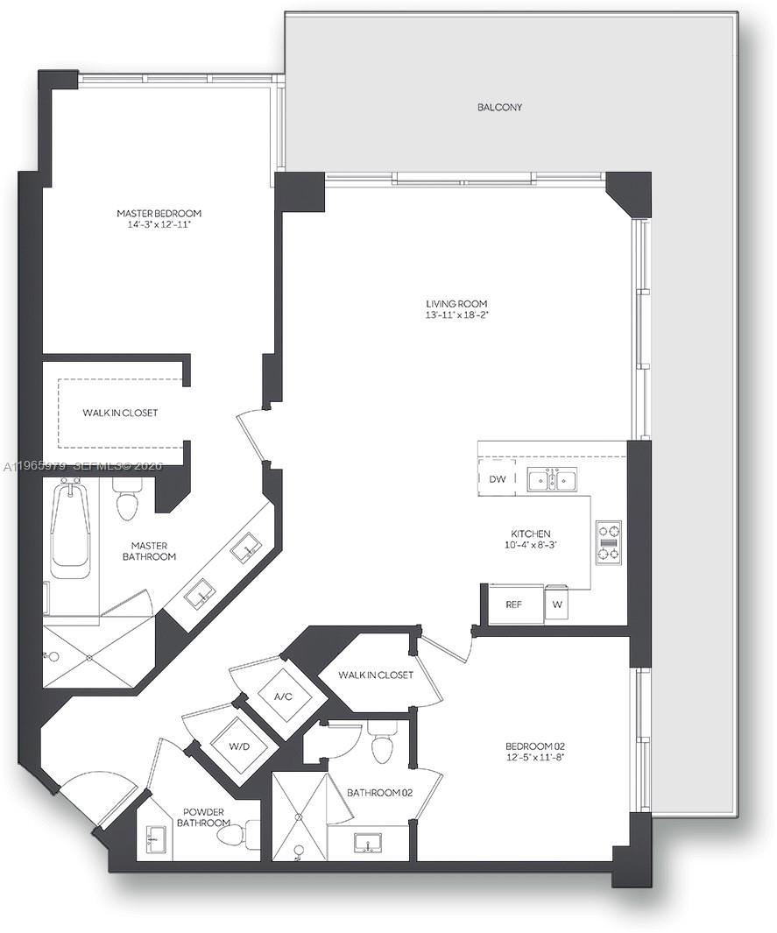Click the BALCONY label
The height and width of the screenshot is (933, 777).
[499, 108]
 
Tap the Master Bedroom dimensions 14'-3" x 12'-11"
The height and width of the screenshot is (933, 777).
[159, 225]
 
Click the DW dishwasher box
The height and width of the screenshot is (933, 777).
[497, 479]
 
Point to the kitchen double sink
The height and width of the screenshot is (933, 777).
[552, 479]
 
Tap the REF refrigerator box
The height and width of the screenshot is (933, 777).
[514, 604]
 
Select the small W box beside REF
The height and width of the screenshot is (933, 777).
[558, 604]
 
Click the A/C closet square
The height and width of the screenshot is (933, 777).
[283, 697]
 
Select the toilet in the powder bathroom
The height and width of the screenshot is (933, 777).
[233, 837]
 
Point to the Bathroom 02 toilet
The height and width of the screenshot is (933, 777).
[384, 746]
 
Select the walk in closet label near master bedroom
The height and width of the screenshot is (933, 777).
[121, 413]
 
